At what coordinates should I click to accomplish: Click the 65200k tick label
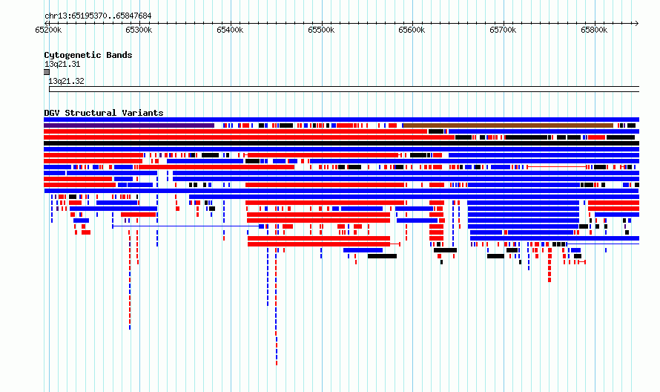[48, 30]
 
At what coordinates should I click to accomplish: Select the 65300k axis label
[139, 30]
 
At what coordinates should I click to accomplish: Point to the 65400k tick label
[230, 30]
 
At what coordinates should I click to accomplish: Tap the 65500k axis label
[321, 30]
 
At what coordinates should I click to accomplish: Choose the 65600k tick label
[412, 30]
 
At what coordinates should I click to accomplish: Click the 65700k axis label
[503, 30]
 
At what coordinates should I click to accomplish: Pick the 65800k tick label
[594, 30]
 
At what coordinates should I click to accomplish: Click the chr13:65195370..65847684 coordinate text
[98, 16]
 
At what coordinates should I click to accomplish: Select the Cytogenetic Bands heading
[88, 55]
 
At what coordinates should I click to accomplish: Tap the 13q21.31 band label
[62, 64]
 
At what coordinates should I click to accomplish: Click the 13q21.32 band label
[67, 81]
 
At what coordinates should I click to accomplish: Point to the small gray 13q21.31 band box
[47, 72]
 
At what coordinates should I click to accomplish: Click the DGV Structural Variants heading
[104, 113]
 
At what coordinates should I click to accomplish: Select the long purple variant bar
[129, 125]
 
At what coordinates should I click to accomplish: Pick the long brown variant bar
[508, 125]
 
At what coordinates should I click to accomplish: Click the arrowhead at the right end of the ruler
[638, 24]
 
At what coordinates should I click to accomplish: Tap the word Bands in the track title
[119, 55]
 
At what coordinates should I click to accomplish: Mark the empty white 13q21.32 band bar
[344, 89]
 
